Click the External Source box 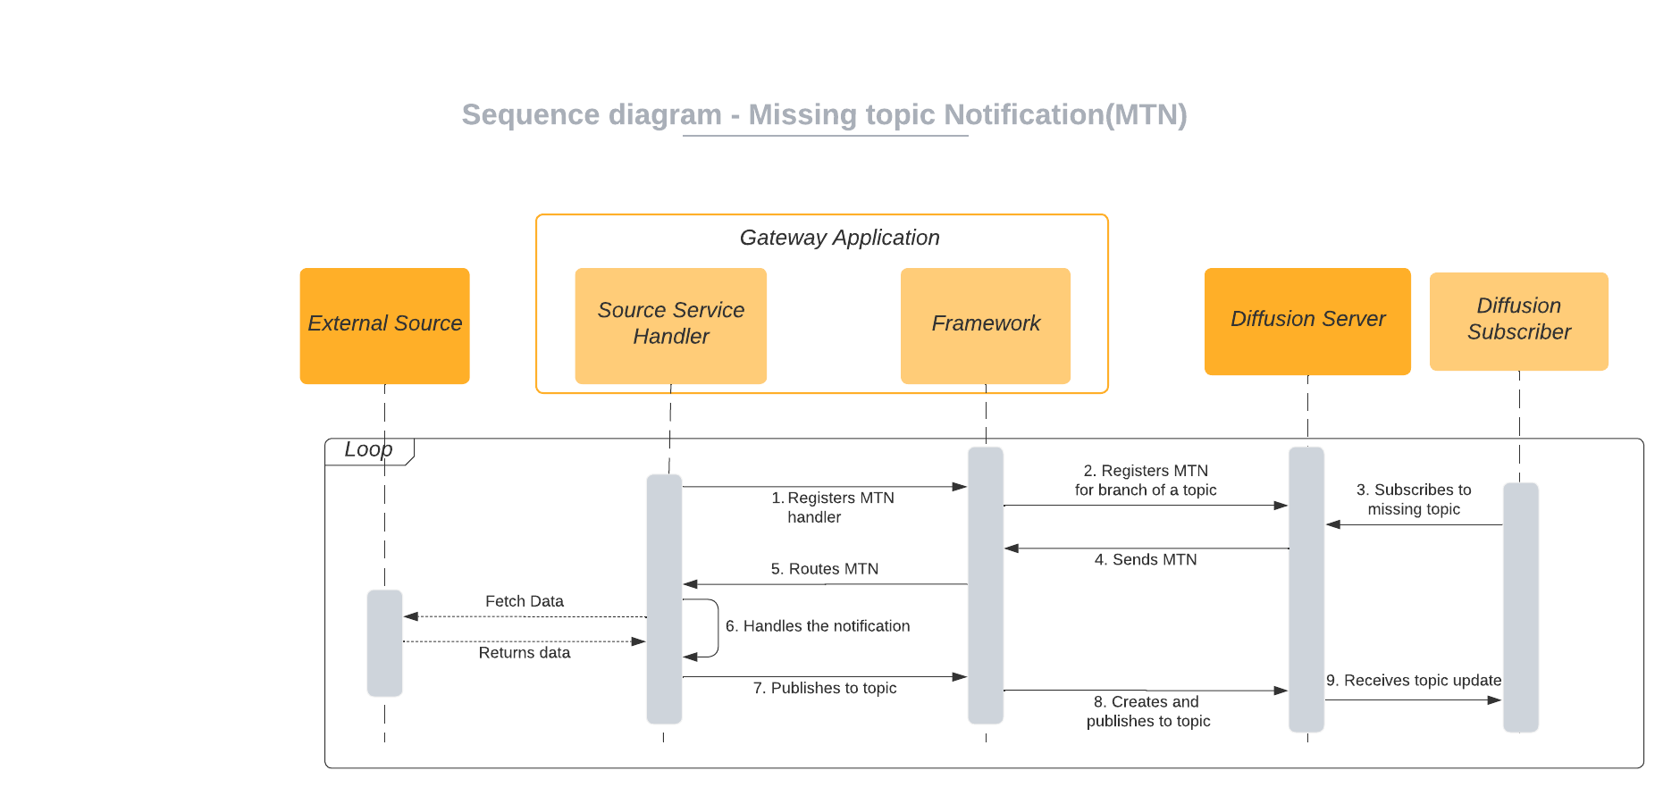(384, 326)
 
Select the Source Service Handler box (670, 325)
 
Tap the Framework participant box (986, 325)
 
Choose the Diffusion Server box (1307, 321)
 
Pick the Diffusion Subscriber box (1519, 321)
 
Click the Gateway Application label (839, 238)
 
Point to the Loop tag (369, 450)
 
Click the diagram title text (824, 115)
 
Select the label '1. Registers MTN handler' (832, 507)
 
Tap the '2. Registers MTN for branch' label (1146, 481)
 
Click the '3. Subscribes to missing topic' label (1414, 499)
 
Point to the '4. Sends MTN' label (1146, 560)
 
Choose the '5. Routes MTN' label (825, 569)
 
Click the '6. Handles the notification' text (818, 626)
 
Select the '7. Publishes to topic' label (825, 688)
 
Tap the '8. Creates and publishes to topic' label (1148, 711)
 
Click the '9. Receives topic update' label (1414, 681)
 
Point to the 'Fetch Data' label (525, 601)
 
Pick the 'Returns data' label (525, 653)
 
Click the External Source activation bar (385, 643)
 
